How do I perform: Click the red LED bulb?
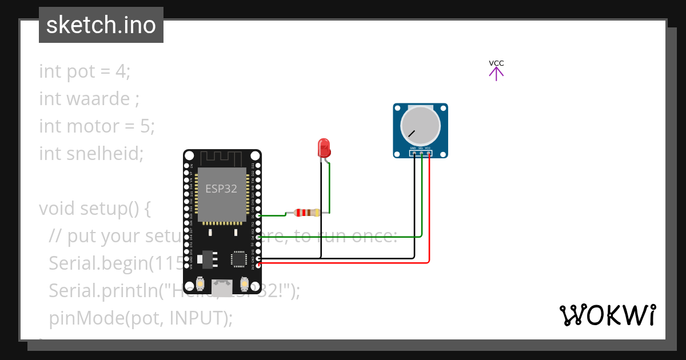point(324,147)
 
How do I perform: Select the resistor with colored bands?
point(306,213)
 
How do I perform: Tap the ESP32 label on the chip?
point(221,189)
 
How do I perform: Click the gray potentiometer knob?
point(420,125)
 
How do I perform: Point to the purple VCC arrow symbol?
point(496,73)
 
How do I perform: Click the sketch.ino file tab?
point(101,25)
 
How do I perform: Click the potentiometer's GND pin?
point(413,153)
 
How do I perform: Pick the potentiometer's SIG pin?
point(421,153)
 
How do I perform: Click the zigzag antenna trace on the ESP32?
point(222,157)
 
